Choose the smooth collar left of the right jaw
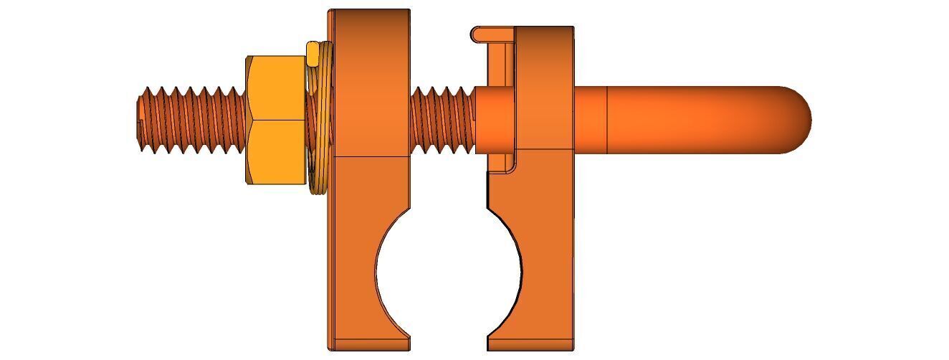[494, 119]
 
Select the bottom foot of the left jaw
[370, 343]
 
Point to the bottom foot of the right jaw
[531, 343]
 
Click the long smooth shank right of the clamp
[688, 119]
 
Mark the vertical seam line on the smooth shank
[608, 119]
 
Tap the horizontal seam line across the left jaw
[370, 156]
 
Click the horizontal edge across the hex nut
[275, 120]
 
